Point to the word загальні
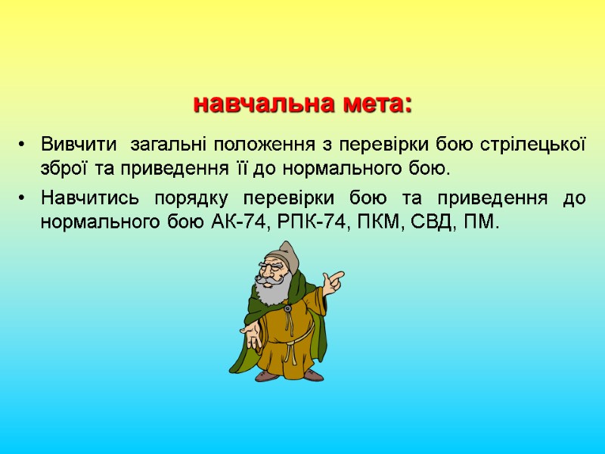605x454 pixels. (x=169, y=144)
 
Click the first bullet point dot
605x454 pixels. (x=23, y=145)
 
